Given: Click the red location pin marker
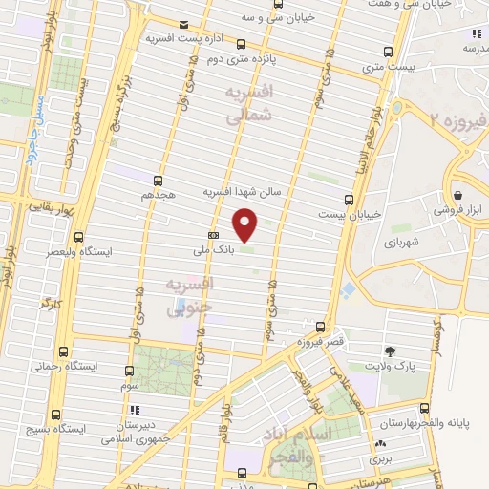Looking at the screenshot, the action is click(246, 224).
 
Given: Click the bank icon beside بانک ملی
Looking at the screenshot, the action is click(212, 235).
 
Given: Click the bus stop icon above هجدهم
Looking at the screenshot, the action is click(158, 180).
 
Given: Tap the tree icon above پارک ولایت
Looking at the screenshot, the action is click(389, 351).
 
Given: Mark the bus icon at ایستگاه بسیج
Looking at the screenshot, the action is click(56, 415).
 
